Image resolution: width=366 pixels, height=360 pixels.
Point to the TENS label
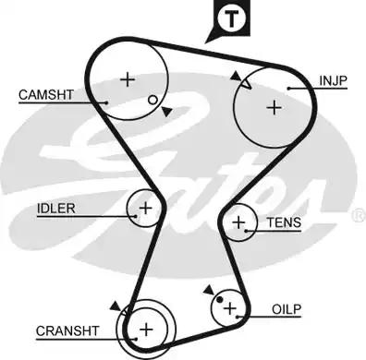point(283,223)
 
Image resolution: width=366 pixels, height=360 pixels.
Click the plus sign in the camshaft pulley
point(128,78)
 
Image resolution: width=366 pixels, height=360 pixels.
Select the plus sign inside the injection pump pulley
point(273,106)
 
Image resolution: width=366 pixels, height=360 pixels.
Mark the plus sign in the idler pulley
point(144,208)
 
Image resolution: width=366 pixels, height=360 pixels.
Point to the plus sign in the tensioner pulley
point(240,222)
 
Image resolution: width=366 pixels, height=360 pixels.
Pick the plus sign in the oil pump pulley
point(230,308)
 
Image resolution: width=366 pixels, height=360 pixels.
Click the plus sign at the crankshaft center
point(145,329)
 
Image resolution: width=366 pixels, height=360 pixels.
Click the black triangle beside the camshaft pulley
point(165,112)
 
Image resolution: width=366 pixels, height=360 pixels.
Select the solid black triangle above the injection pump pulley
point(237,76)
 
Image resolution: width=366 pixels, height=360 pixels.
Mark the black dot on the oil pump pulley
point(219,299)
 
